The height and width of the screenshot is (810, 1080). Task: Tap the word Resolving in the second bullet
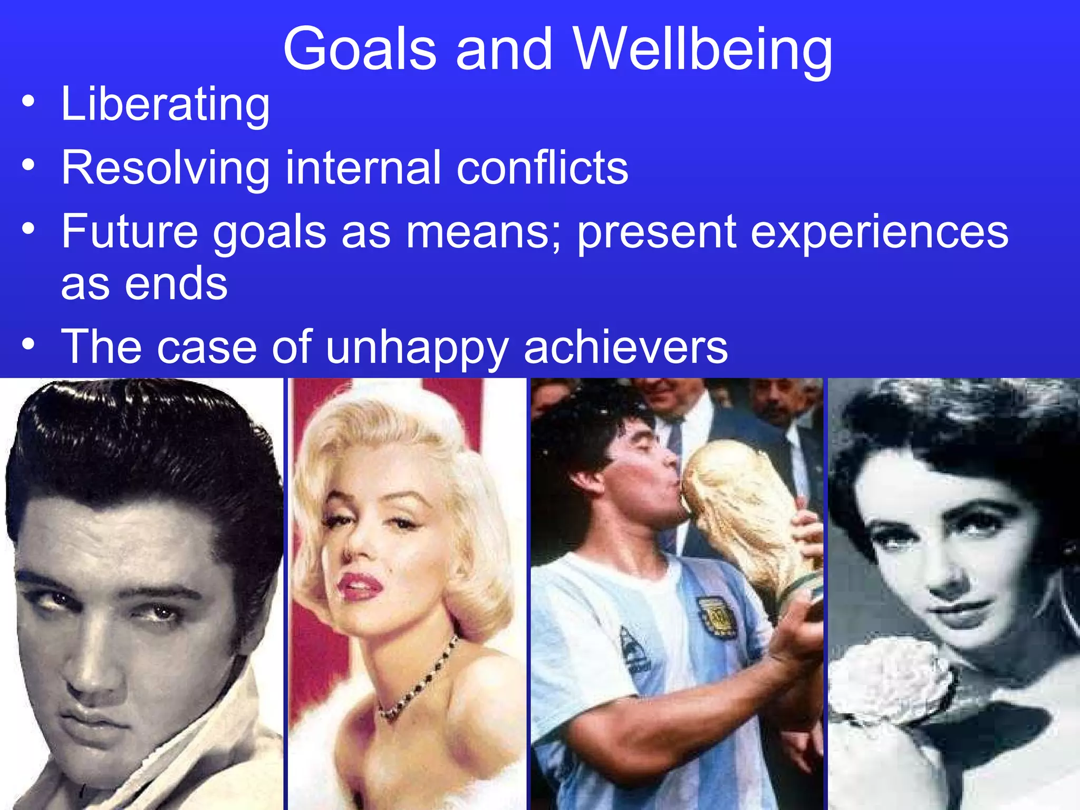[x=165, y=169]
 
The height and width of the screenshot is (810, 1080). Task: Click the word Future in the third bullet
[x=129, y=232]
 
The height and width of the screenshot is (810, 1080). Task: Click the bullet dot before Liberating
[x=28, y=101]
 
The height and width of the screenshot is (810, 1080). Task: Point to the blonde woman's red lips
[x=360, y=585]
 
